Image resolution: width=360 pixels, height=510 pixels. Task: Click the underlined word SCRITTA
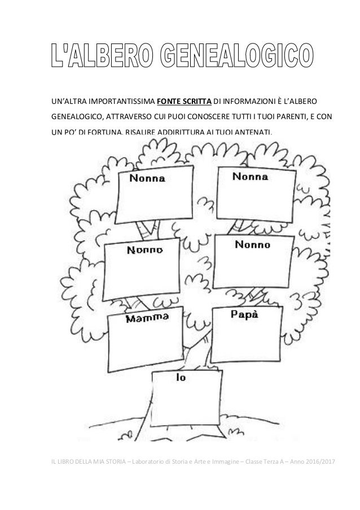click(x=197, y=102)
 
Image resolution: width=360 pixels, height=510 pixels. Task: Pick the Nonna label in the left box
click(x=148, y=179)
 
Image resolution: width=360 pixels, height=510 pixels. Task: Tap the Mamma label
click(x=143, y=319)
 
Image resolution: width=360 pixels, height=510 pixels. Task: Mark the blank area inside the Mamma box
click(x=144, y=345)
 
